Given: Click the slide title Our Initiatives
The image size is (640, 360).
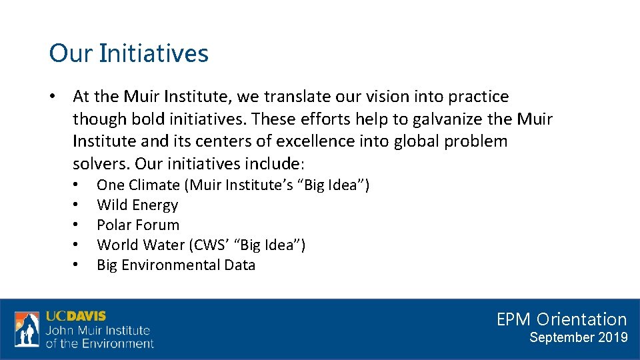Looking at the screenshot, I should coord(129,53).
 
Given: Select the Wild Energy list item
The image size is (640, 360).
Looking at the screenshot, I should coord(137,205).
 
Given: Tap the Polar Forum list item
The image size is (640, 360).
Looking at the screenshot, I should coord(138,225).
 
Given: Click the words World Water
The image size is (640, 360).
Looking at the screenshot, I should coord(141,245).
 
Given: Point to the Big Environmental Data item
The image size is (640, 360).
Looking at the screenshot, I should coord(176,265).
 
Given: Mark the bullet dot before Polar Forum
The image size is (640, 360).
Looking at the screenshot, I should coord(77,225).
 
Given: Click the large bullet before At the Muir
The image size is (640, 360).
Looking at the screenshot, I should coord(53,97).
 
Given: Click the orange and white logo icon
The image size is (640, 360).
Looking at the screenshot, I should coord(27,329).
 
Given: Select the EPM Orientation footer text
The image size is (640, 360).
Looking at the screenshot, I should coord(561,319).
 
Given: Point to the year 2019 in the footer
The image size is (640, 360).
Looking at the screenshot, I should coord(613,337).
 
